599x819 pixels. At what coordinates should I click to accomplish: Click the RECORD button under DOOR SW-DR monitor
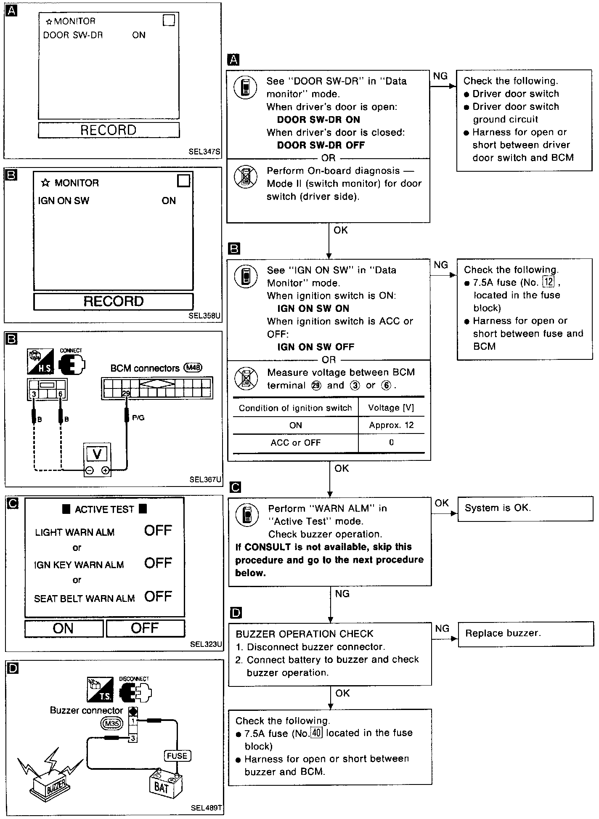coord(109,130)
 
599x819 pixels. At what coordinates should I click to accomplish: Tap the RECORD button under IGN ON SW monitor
coord(113,301)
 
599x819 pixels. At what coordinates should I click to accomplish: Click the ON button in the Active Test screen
coord(64,628)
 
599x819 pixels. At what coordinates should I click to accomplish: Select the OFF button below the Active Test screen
coord(145,628)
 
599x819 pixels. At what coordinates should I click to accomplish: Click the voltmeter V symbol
coord(97,454)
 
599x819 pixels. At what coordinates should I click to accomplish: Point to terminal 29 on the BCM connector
coord(126,394)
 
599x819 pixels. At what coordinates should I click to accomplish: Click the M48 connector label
coord(193,368)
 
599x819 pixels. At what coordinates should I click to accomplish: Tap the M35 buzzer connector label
coord(112,724)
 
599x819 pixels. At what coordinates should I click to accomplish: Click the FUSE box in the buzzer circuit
coord(177,756)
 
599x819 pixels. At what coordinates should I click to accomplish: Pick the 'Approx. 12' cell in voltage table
coord(391,425)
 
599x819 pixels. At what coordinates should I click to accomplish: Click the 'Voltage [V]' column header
coord(391,408)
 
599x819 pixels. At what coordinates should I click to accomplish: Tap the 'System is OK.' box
coord(525,508)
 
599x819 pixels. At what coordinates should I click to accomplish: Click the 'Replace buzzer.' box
coord(525,633)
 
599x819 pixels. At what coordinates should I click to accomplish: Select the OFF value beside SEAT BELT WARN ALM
coord(158,596)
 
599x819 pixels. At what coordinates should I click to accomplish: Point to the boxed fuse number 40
coord(316,733)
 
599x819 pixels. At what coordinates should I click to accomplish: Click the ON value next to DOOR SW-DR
coord(139,35)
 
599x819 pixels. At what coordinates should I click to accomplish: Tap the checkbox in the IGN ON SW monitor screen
coord(184,181)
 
